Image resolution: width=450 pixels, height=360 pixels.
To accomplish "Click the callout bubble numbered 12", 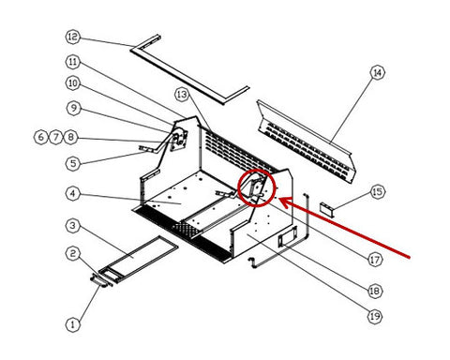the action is pyautogui.click(x=73, y=37).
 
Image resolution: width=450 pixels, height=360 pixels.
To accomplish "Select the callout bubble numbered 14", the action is pyautogui.click(x=378, y=73).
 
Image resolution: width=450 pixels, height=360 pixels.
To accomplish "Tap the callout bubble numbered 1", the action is pyautogui.click(x=73, y=324).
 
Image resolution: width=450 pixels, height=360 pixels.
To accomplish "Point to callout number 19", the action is pyautogui.click(x=375, y=316).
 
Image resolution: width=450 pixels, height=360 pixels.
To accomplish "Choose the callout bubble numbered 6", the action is pyautogui.click(x=41, y=137).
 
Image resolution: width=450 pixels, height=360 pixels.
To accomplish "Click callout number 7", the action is pyautogui.click(x=56, y=137).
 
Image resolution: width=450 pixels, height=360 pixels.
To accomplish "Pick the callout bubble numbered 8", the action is pyautogui.click(x=71, y=137).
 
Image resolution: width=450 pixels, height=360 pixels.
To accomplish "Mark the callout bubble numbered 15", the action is pyautogui.click(x=378, y=191).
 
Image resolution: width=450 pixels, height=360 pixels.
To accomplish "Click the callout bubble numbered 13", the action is pyautogui.click(x=182, y=95).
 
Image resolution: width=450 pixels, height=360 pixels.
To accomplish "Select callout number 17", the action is pyautogui.click(x=375, y=260).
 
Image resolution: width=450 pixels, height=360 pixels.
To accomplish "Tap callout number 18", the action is pyautogui.click(x=375, y=292).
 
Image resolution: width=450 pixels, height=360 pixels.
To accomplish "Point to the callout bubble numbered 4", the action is pyautogui.click(x=73, y=193).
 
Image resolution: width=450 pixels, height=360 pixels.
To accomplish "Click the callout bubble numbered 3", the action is pyautogui.click(x=73, y=225).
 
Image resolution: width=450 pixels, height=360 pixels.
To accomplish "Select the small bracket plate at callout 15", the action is pyautogui.click(x=326, y=209).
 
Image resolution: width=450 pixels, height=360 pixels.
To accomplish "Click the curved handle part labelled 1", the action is pyautogui.click(x=100, y=280).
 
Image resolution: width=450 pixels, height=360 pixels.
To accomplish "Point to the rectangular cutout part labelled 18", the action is pyautogui.click(x=287, y=236).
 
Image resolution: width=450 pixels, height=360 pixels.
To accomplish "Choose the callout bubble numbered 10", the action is pyautogui.click(x=73, y=83).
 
